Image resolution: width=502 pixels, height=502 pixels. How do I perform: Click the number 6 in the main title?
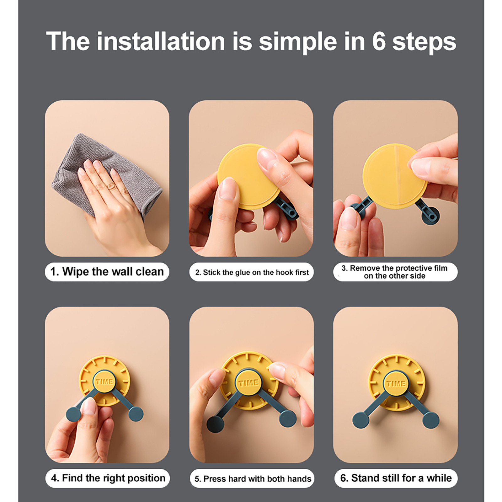tap(379, 41)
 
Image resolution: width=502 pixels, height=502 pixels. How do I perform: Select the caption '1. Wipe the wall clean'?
tap(107, 272)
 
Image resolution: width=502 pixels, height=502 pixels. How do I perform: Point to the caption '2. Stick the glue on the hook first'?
tap(252, 272)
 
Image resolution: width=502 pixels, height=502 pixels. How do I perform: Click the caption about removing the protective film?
tap(394, 272)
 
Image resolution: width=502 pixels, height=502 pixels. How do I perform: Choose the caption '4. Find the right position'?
tap(108, 478)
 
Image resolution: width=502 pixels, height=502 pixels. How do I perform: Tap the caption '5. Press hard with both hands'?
tap(253, 479)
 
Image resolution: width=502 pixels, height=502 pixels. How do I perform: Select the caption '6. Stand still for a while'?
tap(396, 478)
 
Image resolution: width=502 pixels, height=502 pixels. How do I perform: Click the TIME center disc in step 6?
tap(396, 383)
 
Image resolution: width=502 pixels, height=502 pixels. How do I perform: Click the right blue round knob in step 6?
tap(430, 420)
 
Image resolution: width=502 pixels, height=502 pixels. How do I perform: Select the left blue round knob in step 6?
tap(361, 420)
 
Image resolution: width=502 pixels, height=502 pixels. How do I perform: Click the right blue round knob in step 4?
tap(136, 414)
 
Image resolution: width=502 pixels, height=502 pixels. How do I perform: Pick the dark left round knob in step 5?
tap(215, 424)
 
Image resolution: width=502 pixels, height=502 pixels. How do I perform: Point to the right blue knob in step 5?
tap(287, 419)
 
